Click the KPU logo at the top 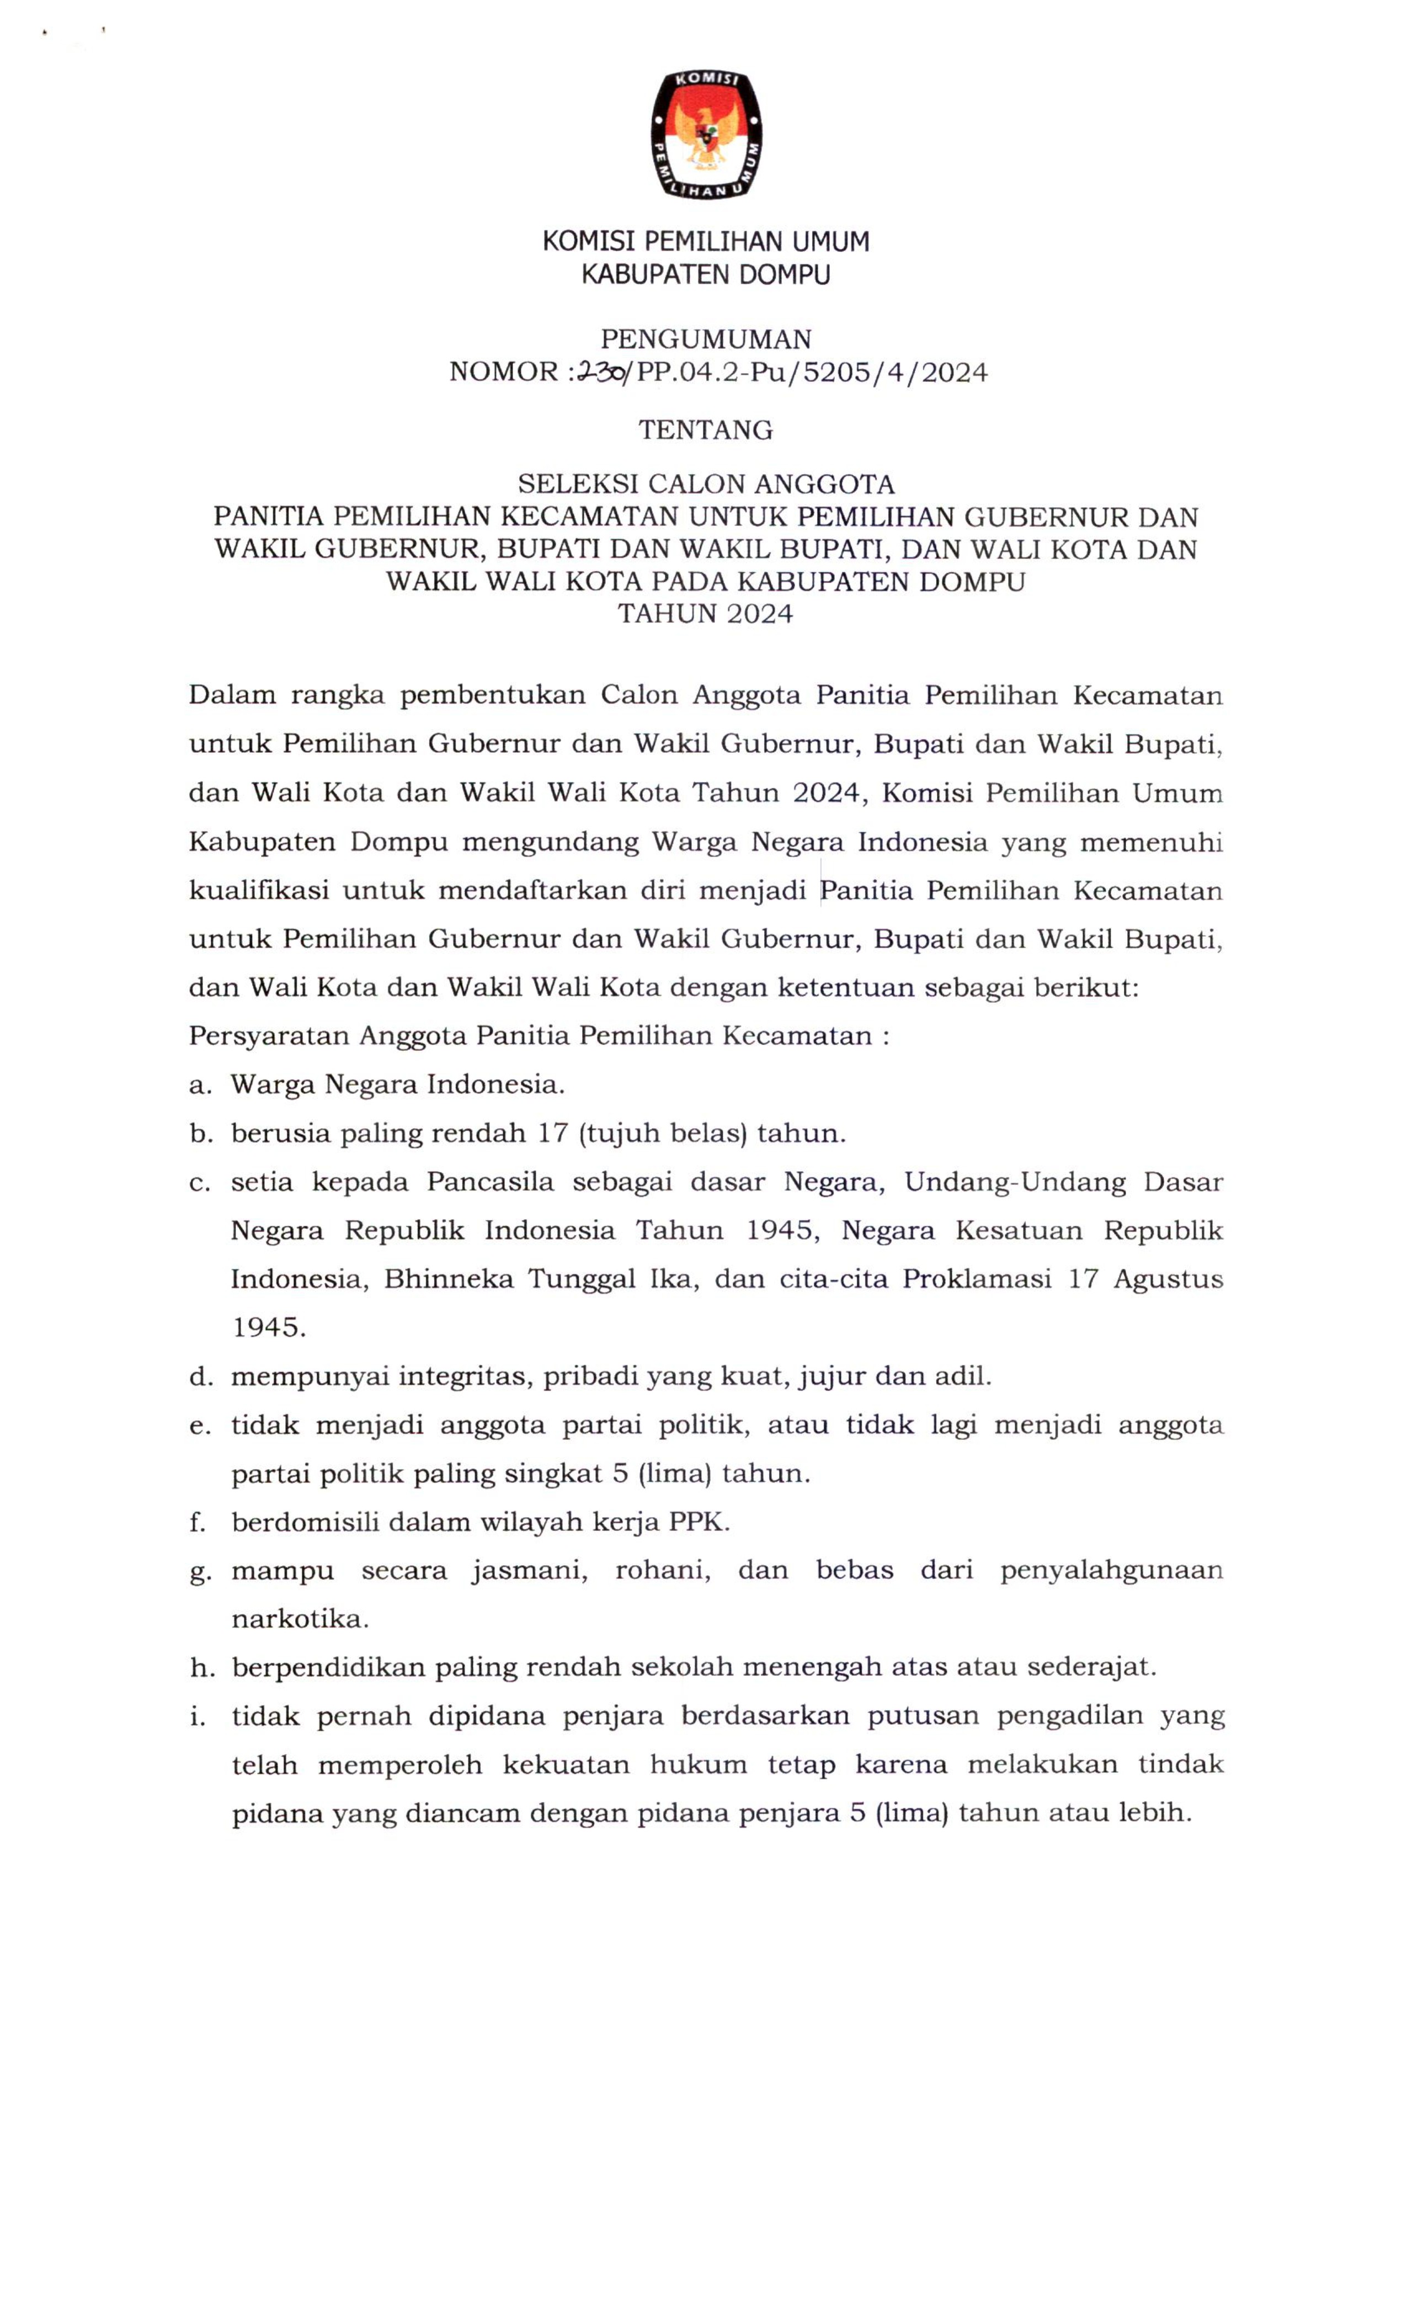705,134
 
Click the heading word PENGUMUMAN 705,339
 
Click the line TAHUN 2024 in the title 705,614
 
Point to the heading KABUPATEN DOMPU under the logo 705,275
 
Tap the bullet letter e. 199,1426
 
